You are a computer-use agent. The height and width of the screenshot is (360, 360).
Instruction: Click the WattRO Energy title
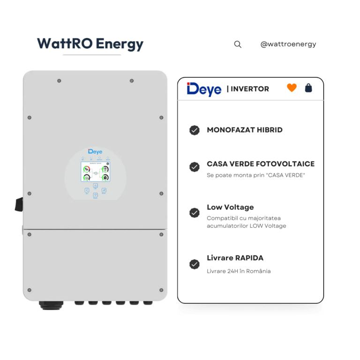pos(90,44)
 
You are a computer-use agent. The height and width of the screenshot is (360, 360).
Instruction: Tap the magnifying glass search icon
pos(238,45)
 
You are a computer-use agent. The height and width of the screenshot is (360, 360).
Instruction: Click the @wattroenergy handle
pos(288,45)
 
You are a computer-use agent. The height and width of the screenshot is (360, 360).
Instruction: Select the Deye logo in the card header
pos(204,89)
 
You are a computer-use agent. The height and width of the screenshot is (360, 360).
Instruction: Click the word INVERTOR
pos(250,89)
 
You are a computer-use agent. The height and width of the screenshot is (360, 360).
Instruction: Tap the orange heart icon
pos(292,88)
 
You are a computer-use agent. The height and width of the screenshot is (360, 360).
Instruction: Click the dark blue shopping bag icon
pos(308,88)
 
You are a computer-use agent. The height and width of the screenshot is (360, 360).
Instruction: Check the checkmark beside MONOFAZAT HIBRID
pos(195,130)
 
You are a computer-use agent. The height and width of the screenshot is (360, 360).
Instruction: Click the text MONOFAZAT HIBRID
pos(245,130)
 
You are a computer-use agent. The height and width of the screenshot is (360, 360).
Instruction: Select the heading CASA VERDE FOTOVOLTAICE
pos(261,164)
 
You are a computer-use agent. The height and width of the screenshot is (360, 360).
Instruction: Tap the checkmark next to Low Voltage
pos(195,213)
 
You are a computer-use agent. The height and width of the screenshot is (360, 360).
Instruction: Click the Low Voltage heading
pos(230,207)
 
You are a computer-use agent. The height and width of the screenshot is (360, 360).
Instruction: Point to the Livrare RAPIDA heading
pos(235,258)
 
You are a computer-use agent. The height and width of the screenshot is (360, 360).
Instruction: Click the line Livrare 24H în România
pos(239,271)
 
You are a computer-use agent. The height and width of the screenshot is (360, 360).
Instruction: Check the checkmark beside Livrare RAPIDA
pos(195,264)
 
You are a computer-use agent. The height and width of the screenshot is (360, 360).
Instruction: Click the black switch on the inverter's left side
pos(19,204)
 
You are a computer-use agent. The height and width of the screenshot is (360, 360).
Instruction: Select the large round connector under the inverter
pos(48,304)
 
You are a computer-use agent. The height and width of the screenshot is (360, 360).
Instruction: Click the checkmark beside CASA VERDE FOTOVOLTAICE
pos(195,167)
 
